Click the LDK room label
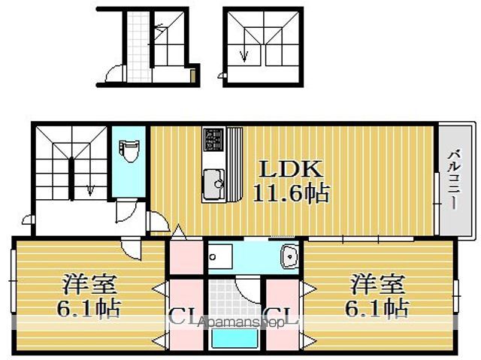click(x=282, y=168)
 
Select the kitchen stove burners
click(x=214, y=140)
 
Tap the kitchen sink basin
click(x=213, y=181)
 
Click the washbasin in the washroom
click(x=289, y=259)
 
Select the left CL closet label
click(x=183, y=316)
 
